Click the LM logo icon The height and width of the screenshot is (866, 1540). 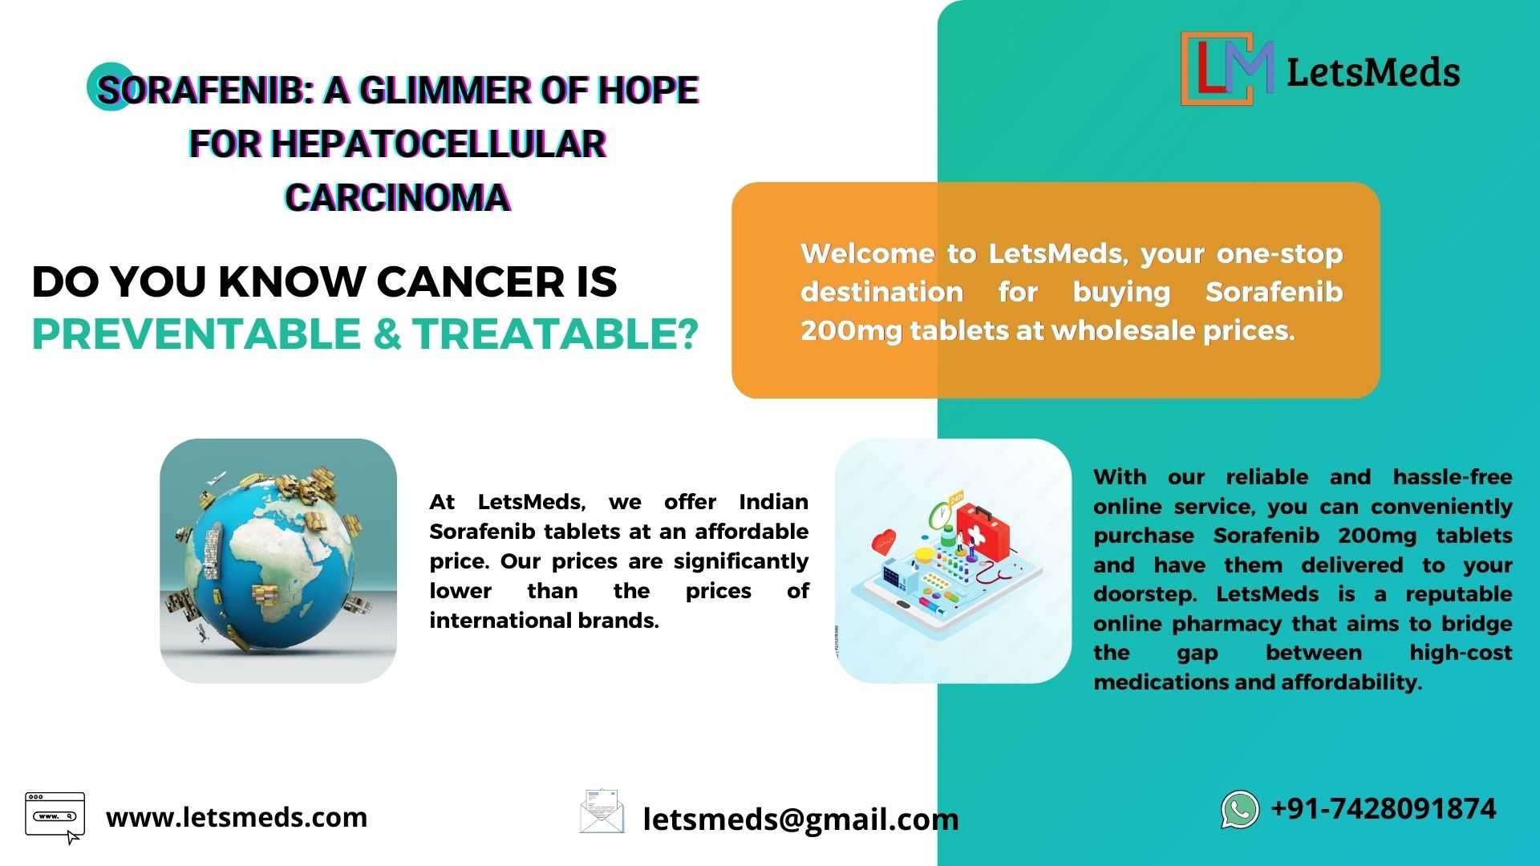click(1227, 68)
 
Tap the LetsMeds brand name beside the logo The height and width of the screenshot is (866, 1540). click(1373, 72)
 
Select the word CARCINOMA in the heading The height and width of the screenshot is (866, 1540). click(398, 198)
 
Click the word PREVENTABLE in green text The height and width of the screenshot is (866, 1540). click(197, 334)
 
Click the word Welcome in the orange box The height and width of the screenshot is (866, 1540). click(867, 253)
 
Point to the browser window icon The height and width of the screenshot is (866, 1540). click(55, 817)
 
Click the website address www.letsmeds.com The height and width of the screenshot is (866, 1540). click(237, 817)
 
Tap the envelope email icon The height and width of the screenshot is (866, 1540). click(602, 811)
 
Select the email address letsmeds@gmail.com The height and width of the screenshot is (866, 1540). click(800, 819)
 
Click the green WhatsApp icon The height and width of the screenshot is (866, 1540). click(1240, 809)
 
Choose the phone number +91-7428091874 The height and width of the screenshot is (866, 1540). click(1384, 808)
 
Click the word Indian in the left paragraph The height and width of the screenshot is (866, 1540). click(773, 502)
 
